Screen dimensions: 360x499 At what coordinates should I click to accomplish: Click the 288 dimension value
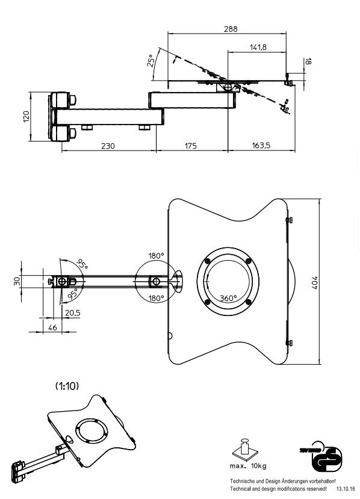pos(231,29)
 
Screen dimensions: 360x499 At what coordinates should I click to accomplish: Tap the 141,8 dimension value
pos(258,48)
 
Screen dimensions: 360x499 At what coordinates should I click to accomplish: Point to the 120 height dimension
pos(26,117)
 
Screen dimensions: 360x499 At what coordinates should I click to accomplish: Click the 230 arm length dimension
pos(108,146)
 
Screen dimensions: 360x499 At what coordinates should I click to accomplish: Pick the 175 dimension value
pos(190,146)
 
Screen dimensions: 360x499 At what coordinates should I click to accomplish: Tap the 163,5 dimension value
pos(261,146)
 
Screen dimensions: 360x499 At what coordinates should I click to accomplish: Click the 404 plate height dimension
pos(314,282)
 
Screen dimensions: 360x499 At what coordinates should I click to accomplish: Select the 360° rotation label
pos(228,298)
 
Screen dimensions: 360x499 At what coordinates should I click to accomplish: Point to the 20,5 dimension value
pos(73,313)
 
